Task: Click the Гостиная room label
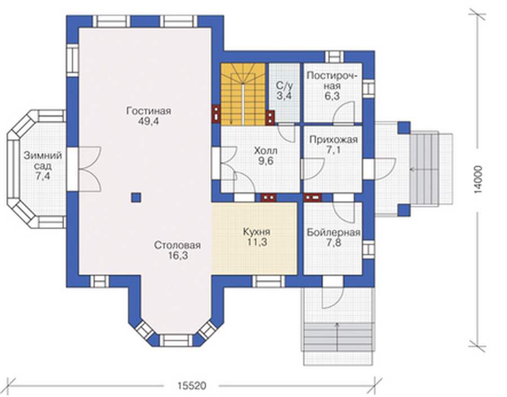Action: click(149, 111)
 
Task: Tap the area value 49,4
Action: click(149, 122)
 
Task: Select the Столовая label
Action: click(177, 245)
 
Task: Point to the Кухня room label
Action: click(257, 232)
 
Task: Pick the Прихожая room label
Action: click(333, 140)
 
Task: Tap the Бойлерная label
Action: click(333, 233)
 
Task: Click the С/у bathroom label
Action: click(284, 86)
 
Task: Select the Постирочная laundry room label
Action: click(332, 81)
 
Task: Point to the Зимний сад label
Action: click(43, 160)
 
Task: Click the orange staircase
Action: click(243, 93)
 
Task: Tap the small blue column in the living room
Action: click(136, 198)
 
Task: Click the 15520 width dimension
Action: click(192, 386)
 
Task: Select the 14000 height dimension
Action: click(479, 180)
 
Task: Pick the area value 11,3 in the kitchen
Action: click(257, 242)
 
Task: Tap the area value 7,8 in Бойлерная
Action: click(333, 243)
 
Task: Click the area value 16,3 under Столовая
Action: click(178, 256)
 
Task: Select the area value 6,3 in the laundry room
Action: click(332, 96)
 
